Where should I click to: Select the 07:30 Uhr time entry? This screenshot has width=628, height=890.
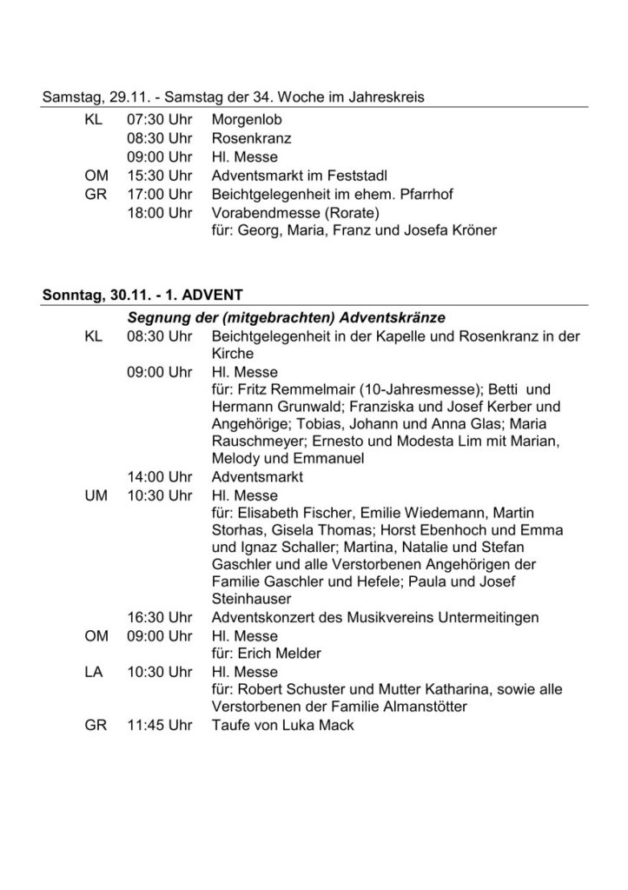click(x=159, y=119)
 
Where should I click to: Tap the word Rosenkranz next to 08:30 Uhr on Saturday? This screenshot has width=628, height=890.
click(x=249, y=138)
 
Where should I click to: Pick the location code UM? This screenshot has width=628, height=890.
click(x=96, y=495)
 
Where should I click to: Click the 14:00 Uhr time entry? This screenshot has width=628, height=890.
click(x=159, y=477)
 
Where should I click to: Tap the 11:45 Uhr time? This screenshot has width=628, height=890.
click(x=159, y=726)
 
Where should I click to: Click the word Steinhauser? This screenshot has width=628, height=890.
click(x=253, y=599)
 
